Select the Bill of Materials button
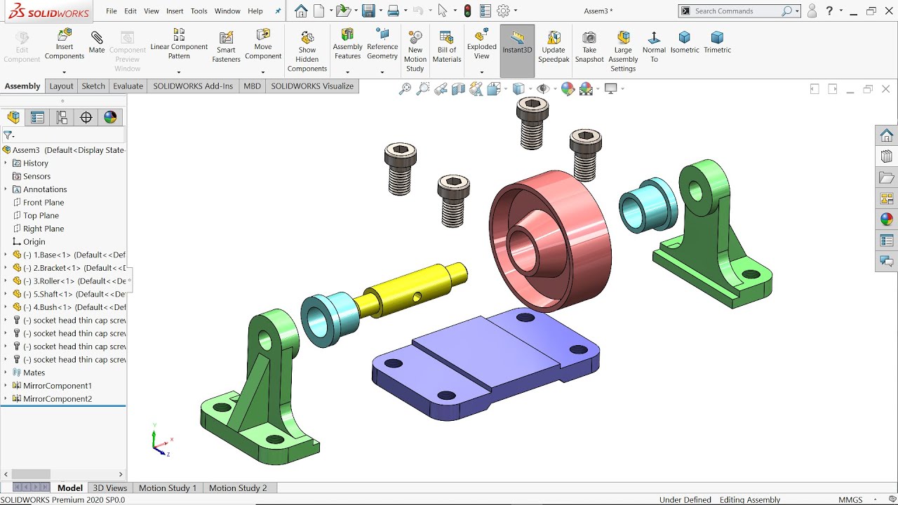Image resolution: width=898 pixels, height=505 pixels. click(446, 47)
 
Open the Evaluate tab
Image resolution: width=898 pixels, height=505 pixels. click(128, 86)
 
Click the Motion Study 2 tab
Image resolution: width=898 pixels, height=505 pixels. click(237, 488)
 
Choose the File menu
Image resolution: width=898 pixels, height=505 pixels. click(112, 11)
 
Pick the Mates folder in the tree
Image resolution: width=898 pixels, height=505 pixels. click(34, 372)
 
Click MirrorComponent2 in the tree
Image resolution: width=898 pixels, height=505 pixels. click(57, 398)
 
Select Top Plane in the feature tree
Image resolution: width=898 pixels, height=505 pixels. click(41, 215)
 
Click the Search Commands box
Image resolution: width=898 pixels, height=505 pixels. click(737, 11)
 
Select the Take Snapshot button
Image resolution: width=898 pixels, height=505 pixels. click(589, 46)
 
